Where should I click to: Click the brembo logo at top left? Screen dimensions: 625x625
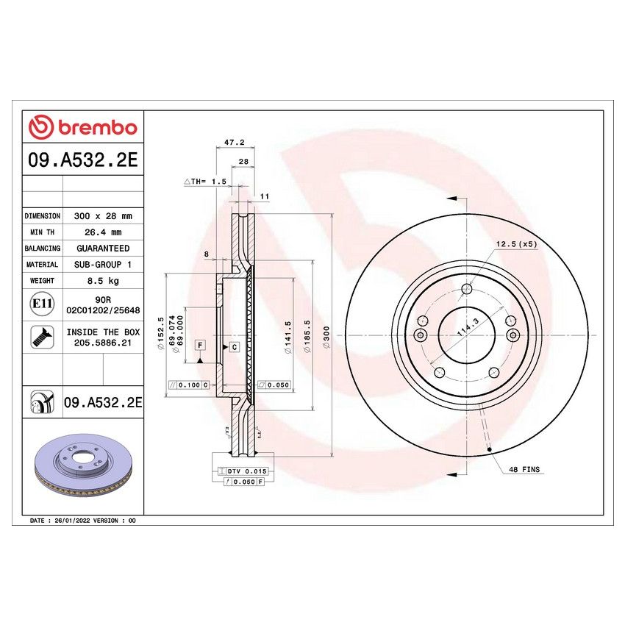tap(83, 127)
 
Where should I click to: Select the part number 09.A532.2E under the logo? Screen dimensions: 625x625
tap(83, 161)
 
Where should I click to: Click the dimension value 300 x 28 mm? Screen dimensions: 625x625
tap(103, 216)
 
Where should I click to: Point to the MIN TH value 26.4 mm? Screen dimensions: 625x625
tap(103, 232)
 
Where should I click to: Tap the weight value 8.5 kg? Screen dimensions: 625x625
tap(103, 281)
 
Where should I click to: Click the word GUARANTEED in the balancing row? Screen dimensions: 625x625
tap(103, 249)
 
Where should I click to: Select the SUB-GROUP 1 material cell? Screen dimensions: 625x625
tap(103, 265)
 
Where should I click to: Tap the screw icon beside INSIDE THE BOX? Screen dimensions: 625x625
tap(42, 337)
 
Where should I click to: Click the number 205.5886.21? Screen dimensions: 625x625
tap(103, 343)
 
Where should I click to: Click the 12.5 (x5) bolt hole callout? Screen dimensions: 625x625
tap(516, 243)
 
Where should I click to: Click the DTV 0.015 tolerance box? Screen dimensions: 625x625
tap(240, 470)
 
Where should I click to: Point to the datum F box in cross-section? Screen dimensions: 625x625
tap(199, 345)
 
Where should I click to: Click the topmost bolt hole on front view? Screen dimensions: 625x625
tap(465, 289)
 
